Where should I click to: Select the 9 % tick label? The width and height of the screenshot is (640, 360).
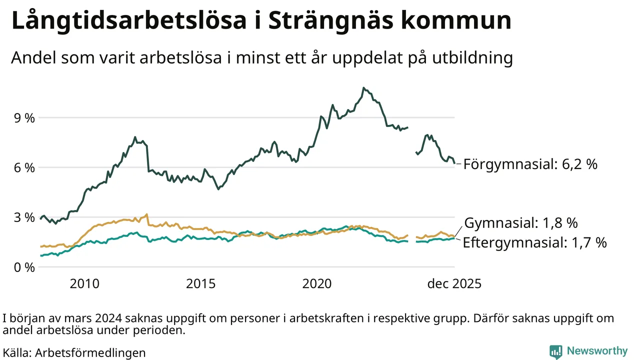click(x=24, y=118)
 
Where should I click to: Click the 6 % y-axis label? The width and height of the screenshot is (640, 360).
click(x=24, y=167)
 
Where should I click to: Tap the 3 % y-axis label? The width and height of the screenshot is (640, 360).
click(x=24, y=217)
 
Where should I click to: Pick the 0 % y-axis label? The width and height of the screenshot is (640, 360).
click(x=24, y=267)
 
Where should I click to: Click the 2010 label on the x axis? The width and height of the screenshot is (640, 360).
click(x=84, y=284)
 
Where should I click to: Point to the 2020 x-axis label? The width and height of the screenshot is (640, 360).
click(x=317, y=284)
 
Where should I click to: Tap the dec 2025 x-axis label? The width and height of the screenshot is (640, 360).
click(x=454, y=284)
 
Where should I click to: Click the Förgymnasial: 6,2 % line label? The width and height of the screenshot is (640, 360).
click(x=530, y=164)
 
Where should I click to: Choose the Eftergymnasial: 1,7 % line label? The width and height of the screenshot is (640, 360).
click(x=534, y=243)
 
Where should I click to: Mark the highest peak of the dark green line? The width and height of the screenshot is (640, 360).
click(x=363, y=88)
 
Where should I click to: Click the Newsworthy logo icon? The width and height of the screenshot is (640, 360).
click(x=555, y=351)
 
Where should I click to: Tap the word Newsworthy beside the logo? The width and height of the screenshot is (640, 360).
click(x=596, y=350)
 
